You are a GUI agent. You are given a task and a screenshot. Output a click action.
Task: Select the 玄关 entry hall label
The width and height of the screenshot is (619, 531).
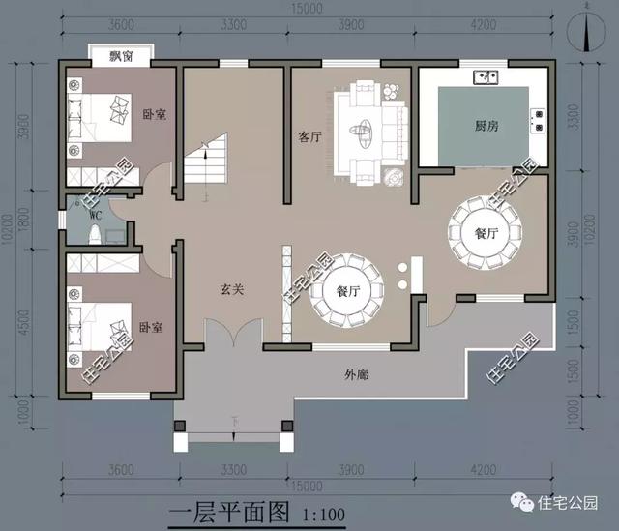(231, 287)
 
